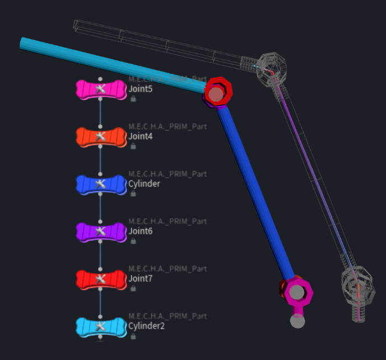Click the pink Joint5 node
(x=101, y=89)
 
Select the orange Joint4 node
(x=101, y=137)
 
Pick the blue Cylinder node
(x=101, y=184)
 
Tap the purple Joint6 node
(x=101, y=232)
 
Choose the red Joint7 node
(x=101, y=279)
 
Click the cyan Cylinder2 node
(x=101, y=327)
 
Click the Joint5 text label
(x=140, y=89)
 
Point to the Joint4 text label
(x=140, y=136)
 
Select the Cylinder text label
(x=144, y=184)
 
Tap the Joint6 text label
(x=140, y=231)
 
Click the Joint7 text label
(x=140, y=279)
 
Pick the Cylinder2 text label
(x=146, y=326)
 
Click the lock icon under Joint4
(x=133, y=146)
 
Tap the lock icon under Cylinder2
(x=133, y=336)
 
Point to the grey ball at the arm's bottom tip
(x=297, y=321)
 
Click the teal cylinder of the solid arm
(x=111, y=64)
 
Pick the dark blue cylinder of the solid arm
(x=256, y=193)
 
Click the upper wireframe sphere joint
(x=272, y=68)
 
